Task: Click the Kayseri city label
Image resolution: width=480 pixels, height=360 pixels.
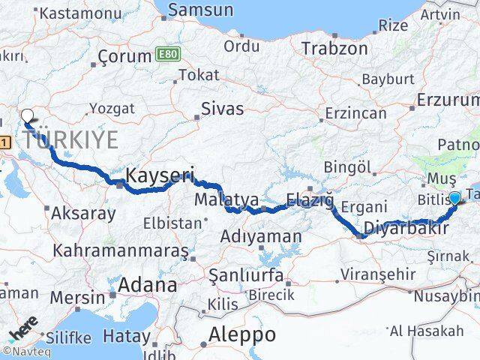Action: [x=160, y=177]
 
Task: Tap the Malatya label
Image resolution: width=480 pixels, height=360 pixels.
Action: [x=226, y=200]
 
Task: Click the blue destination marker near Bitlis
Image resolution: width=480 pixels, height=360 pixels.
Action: [x=454, y=199]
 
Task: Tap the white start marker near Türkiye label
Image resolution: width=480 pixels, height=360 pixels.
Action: [x=28, y=116]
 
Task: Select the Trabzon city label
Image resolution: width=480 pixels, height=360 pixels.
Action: [x=334, y=49]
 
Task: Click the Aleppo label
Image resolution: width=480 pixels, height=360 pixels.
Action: [x=242, y=334]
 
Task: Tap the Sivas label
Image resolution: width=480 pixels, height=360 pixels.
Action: [x=223, y=109]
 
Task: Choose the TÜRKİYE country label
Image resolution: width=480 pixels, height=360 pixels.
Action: [x=70, y=139]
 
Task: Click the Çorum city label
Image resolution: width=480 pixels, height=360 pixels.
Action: [x=125, y=56]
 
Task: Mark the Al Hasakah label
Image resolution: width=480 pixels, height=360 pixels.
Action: [x=426, y=331]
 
